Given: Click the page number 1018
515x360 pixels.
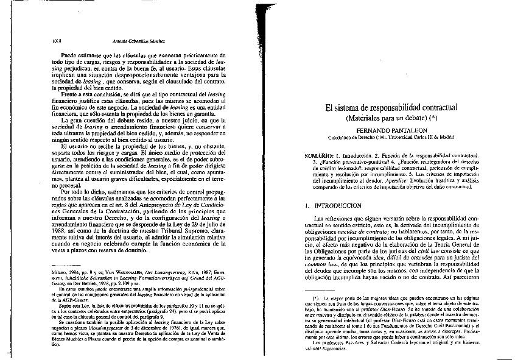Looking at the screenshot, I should coord(51,41).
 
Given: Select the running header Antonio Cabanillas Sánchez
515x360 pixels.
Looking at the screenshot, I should coord(139,41).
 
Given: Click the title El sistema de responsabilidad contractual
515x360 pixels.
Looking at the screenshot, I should coord(391,108).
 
